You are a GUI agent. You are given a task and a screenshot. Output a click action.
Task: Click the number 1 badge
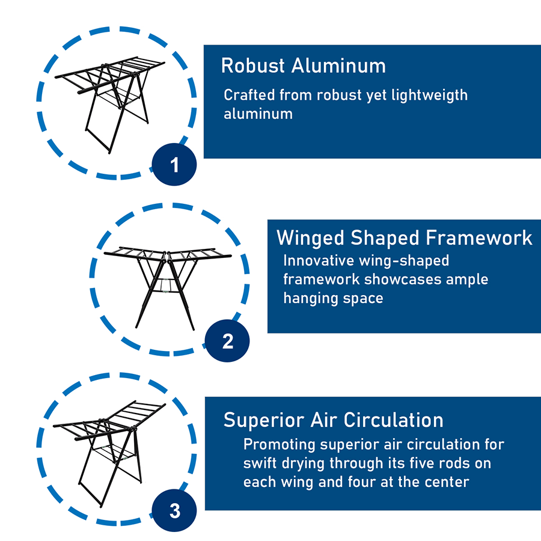tap(175, 165)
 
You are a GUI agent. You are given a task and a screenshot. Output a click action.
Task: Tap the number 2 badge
tap(228, 341)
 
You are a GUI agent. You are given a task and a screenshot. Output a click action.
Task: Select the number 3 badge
tap(175, 512)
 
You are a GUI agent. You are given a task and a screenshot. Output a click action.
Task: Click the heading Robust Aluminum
tap(303, 66)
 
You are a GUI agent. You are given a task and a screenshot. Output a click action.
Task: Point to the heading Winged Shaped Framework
tap(404, 237)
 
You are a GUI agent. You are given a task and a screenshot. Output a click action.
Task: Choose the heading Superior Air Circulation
tap(333, 420)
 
